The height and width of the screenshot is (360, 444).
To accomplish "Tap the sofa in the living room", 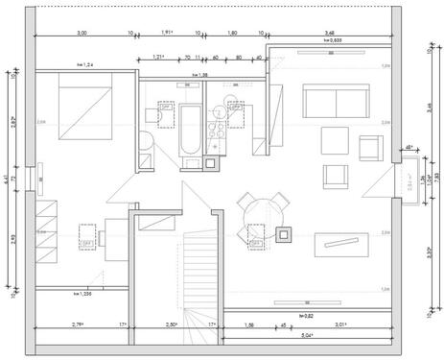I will tap(335, 100).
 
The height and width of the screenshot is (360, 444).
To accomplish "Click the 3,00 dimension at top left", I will tap(82, 35).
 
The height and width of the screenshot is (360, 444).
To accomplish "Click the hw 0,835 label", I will tap(332, 42).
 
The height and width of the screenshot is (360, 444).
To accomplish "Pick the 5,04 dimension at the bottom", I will tap(307, 335).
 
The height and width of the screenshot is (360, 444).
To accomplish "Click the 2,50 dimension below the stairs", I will tap(172, 327).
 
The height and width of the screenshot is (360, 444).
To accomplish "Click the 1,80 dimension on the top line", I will tap(231, 35).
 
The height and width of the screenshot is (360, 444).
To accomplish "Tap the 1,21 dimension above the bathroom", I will tap(159, 58).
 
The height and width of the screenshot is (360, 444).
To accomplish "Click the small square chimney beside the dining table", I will tap(284, 231).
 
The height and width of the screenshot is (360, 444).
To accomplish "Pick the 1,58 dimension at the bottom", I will tap(249, 327).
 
